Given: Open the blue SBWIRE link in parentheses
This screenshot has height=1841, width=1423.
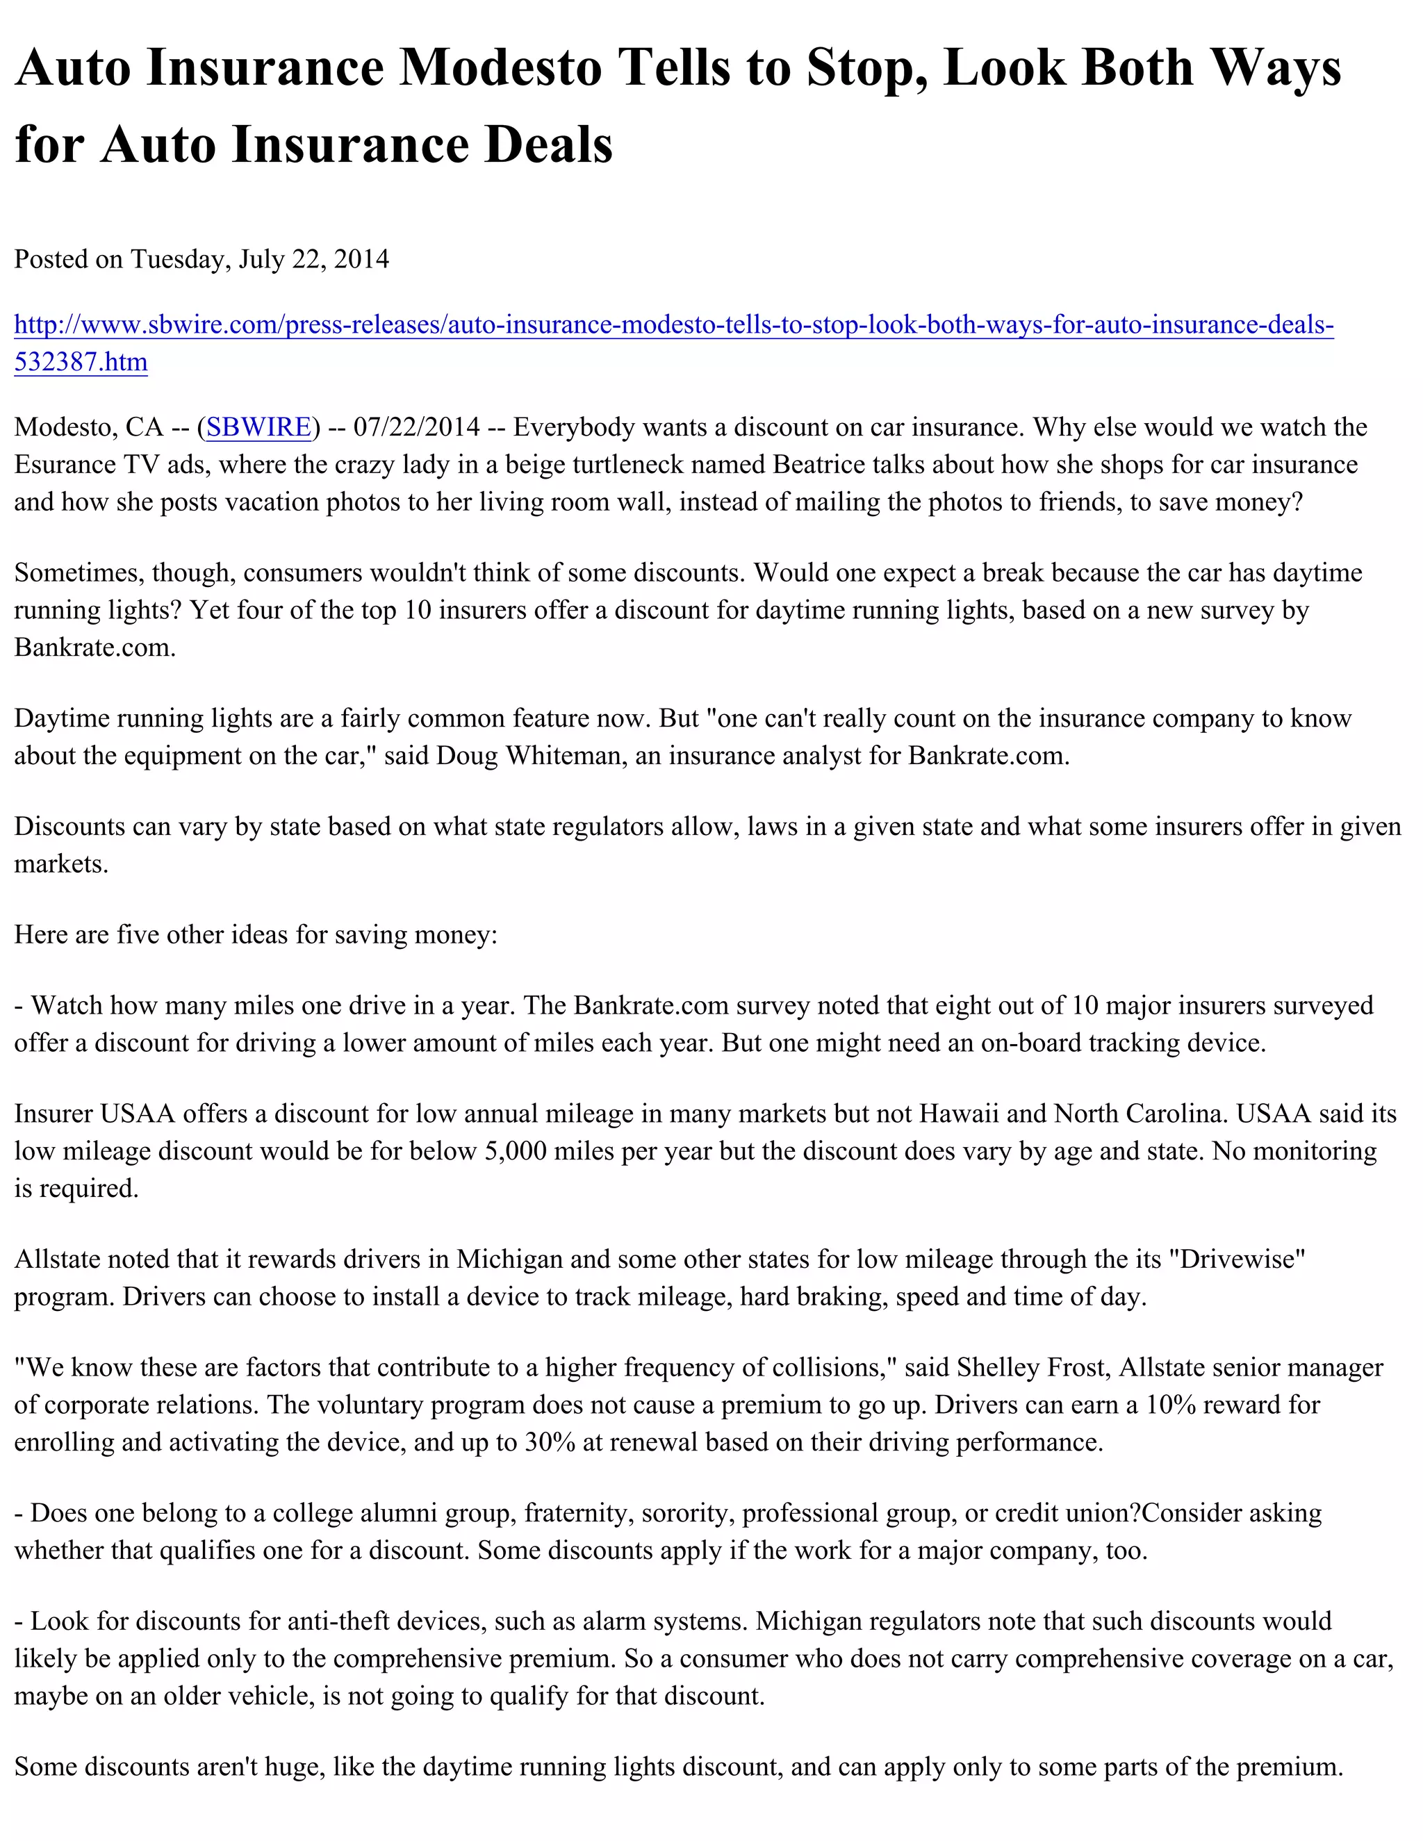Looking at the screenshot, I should click(258, 427).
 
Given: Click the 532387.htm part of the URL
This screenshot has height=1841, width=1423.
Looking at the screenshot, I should click(81, 362).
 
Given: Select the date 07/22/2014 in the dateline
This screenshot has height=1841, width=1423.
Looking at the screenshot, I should click(416, 427).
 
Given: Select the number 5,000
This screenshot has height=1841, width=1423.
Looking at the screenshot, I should click(516, 1150).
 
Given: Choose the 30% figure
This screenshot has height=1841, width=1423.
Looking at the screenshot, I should click(550, 1442).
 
